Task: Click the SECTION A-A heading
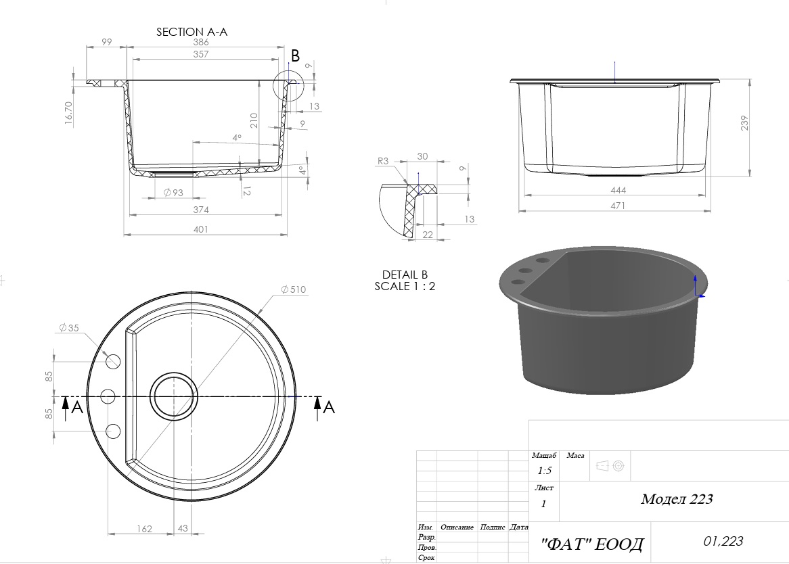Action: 191,32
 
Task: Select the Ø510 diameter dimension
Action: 294,289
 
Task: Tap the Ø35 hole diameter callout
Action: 69,328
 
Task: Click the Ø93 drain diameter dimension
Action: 174,192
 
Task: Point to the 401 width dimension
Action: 200,229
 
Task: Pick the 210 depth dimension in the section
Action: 254,120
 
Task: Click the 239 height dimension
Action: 744,123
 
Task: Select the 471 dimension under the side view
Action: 617,206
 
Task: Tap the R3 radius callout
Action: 383,161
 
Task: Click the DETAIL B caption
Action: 405,275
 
